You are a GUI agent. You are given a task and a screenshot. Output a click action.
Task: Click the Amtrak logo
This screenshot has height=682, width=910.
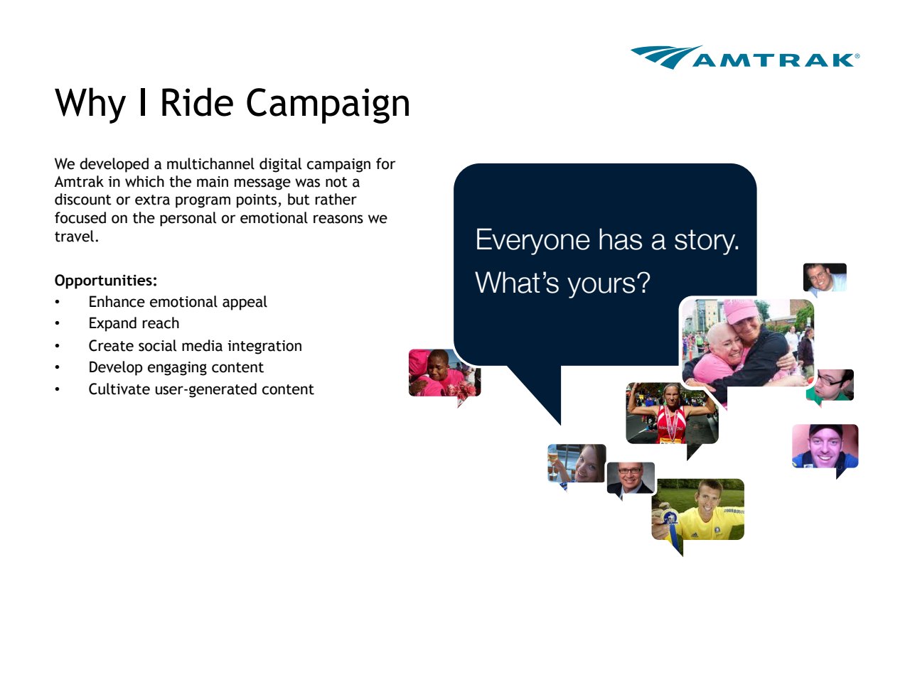click(x=745, y=57)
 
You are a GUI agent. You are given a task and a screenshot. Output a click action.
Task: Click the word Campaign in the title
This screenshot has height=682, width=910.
click(x=328, y=104)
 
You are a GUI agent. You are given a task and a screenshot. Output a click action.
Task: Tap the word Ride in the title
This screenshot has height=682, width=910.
click(x=196, y=102)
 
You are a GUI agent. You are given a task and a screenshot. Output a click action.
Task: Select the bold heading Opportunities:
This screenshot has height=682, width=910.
click(x=106, y=281)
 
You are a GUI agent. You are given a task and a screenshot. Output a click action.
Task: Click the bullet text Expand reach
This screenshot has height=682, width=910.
click(x=134, y=323)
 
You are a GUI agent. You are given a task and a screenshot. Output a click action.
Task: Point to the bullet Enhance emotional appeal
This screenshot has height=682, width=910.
click(x=178, y=302)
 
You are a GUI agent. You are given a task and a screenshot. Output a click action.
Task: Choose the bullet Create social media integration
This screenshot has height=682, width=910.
click(x=195, y=346)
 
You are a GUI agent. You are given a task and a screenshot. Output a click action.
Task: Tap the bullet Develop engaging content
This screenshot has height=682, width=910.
click(x=176, y=367)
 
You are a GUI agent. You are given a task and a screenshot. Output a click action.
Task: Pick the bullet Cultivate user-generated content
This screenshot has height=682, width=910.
click(x=200, y=389)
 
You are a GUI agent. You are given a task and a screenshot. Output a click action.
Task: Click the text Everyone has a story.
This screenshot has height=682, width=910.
click(x=607, y=240)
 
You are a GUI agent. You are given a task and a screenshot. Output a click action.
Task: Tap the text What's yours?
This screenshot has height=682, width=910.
click(x=562, y=283)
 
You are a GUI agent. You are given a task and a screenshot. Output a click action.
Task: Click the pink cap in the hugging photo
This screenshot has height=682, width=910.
click(x=742, y=311)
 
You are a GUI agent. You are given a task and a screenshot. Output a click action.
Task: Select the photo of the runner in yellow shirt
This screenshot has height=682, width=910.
click(x=697, y=509)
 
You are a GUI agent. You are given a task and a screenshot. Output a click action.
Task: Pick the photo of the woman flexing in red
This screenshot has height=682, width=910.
click(x=672, y=413)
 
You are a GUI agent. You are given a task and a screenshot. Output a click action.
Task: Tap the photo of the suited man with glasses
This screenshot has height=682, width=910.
click(x=631, y=478)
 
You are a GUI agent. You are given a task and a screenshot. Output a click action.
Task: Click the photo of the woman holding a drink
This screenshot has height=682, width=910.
click(x=577, y=463)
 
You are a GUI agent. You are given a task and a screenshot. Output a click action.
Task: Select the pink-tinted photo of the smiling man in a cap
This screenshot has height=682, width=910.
click(x=825, y=446)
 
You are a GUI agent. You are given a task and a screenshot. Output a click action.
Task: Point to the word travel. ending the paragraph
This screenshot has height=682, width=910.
click(x=77, y=237)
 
